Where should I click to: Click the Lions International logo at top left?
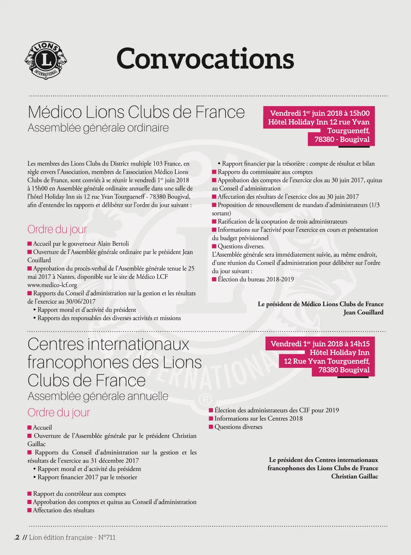[x=46, y=60]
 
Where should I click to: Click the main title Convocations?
[x=205, y=59]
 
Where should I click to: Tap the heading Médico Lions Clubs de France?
[x=136, y=112]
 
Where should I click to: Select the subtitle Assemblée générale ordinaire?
[x=98, y=128]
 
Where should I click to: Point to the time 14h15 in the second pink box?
[x=359, y=344]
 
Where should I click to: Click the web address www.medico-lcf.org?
[x=52, y=285]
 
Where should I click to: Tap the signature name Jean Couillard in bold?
[x=363, y=312]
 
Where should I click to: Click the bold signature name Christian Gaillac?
[x=354, y=476]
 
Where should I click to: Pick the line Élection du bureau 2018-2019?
[x=256, y=279]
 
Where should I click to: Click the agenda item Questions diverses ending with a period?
[x=241, y=246]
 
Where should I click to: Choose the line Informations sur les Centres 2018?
[x=259, y=418]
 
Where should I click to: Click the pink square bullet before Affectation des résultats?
[x=29, y=511]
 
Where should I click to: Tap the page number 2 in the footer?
[x=17, y=538]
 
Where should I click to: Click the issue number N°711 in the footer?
[x=107, y=538]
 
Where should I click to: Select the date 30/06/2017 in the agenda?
[x=80, y=301]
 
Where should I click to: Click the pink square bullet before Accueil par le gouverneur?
[x=29, y=244]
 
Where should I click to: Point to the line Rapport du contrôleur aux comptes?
[x=79, y=494]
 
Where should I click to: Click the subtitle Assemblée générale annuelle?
[x=98, y=396]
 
